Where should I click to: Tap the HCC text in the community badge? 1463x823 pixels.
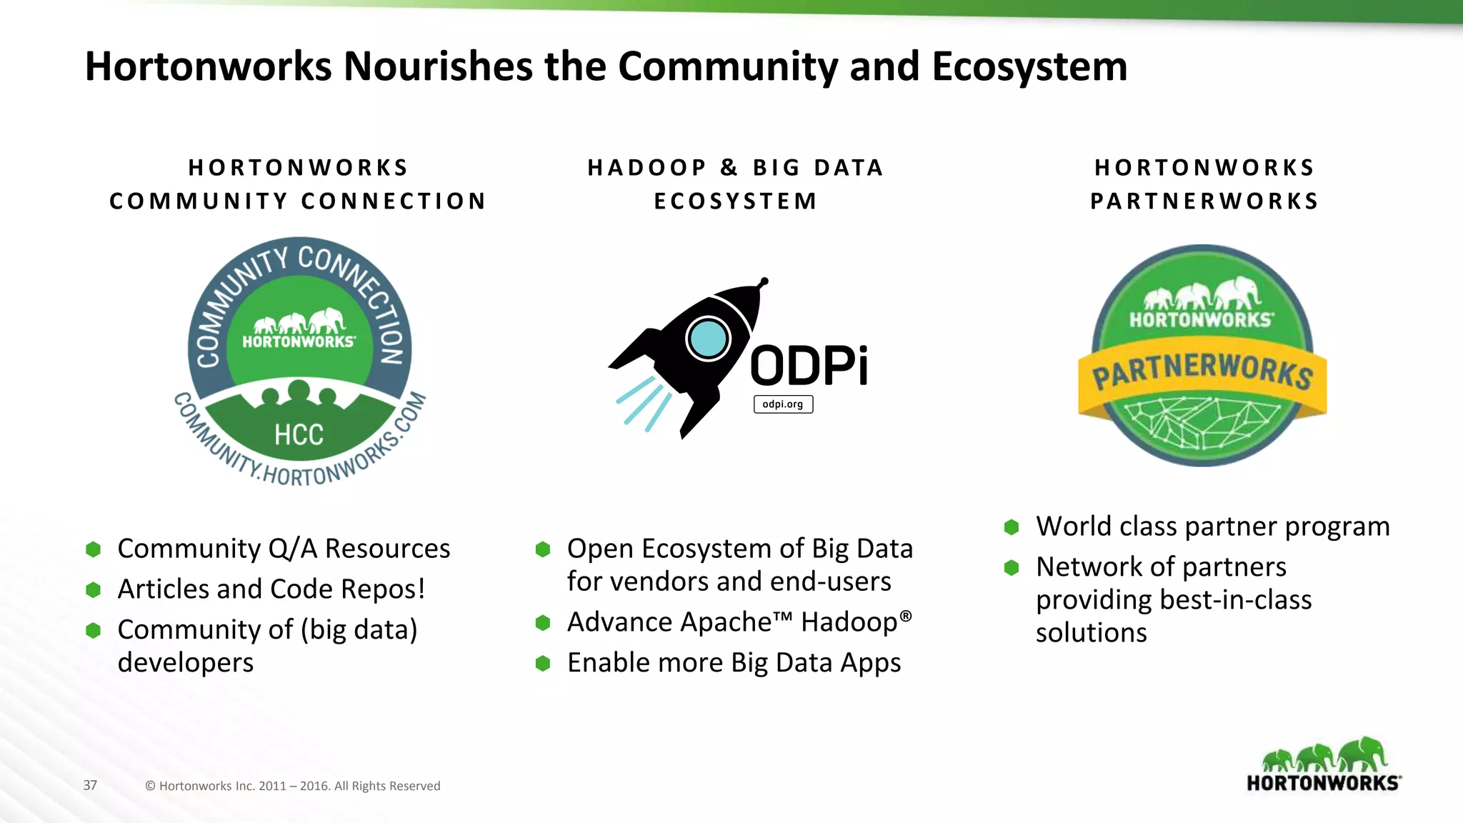tap(299, 434)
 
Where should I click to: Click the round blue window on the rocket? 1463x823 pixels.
tap(708, 339)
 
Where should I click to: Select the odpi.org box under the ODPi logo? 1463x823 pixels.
tap(783, 404)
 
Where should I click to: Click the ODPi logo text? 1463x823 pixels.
tap(809, 366)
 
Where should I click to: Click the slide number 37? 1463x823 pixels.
tap(90, 785)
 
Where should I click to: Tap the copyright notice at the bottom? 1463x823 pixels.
tap(292, 786)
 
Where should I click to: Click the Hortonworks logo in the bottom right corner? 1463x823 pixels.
tap(1324, 766)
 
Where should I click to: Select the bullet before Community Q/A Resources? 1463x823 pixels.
tap(93, 549)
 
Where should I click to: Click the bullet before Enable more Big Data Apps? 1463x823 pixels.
tap(543, 664)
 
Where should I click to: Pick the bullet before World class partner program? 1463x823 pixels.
tap(1012, 527)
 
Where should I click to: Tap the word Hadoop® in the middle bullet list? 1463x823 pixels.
tap(856, 622)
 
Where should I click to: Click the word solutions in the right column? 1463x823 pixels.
tap(1091, 633)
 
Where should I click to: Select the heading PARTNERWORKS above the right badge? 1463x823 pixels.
tap(1204, 201)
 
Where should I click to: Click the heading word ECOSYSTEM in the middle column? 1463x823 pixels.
tap(736, 201)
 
